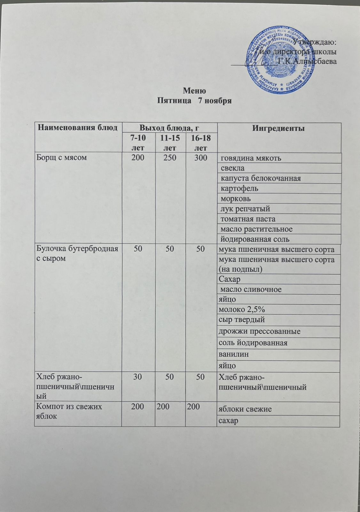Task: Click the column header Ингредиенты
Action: tap(278, 128)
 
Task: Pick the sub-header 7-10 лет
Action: tap(138, 143)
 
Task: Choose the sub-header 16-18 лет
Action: tap(201, 143)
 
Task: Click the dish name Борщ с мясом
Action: tap(62, 157)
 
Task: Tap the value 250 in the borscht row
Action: tap(170, 157)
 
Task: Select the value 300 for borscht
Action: tap(201, 157)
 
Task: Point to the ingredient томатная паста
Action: tap(248, 219)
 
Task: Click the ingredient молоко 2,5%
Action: tap(242, 309)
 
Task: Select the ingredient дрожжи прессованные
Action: tap(259, 331)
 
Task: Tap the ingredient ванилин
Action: tap(234, 354)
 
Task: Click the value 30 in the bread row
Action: tap(138, 377)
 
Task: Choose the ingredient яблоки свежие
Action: tap(245, 409)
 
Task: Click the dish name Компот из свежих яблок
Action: tap(68, 411)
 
